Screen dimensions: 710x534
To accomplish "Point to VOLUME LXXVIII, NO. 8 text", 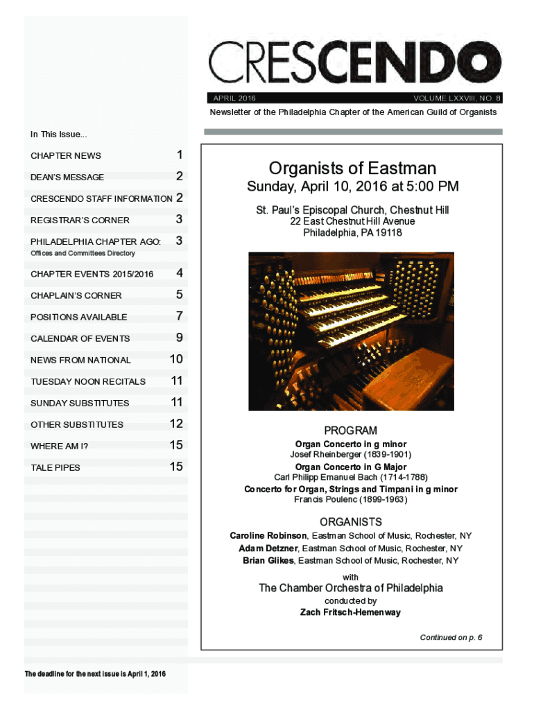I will pos(457,98).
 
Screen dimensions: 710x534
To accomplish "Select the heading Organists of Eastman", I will pos(352,168).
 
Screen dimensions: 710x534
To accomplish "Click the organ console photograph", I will pos(351,331).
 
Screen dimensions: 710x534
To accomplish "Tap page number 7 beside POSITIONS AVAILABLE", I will pos(180,316).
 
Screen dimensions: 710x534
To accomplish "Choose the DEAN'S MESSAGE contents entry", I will pos(67,177).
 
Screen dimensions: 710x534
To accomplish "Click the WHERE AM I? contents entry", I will pos(59,446).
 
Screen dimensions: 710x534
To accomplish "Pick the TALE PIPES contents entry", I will pos(55,467).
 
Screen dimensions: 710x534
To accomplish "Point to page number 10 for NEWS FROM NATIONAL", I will pos(176,359).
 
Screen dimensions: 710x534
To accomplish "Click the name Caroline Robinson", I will pos(268,536).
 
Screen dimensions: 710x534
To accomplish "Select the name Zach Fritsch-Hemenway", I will pos(350,612).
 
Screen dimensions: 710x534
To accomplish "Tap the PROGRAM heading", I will pos(350,431).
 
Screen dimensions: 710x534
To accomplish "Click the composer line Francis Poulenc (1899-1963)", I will pos(350,499).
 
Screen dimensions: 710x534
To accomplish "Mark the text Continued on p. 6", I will pos(451,637).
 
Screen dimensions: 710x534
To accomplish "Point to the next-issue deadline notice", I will pos(96,674).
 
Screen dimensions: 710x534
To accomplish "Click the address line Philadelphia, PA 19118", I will pos(352,233).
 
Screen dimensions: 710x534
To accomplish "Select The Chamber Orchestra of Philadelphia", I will pos(351,588).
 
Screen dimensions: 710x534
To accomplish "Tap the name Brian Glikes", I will pos(268,560).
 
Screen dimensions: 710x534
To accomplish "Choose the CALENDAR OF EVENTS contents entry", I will pos(80,338).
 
